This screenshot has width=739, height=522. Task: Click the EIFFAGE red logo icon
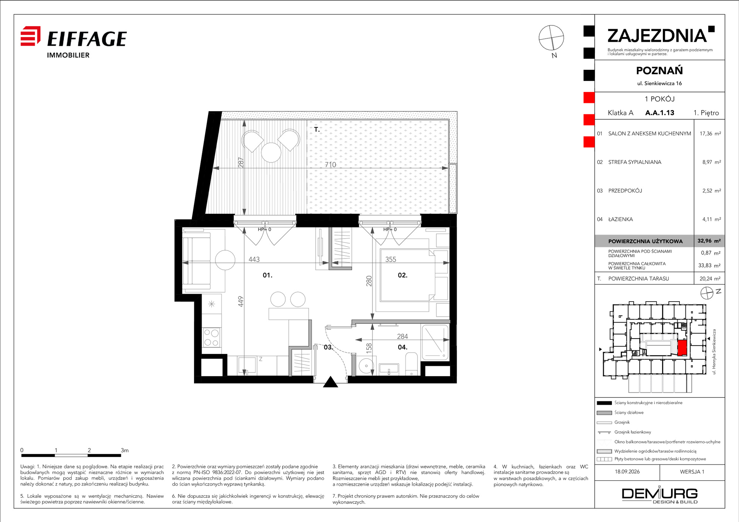click(x=30, y=36)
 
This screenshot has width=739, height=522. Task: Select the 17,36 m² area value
click(x=710, y=134)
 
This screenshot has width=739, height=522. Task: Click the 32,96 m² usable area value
click(x=709, y=241)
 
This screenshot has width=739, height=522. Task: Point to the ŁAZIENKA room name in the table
click(x=620, y=219)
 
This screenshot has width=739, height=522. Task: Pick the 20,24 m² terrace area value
click(x=710, y=279)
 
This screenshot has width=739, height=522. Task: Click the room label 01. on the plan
click(x=268, y=275)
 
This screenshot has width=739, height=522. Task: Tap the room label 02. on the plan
click(x=403, y=275)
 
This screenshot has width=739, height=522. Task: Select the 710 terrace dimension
click(x=330, y=165)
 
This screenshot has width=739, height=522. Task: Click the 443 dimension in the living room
click(x=254, y=260)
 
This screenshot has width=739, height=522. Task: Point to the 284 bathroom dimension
click(x=402, y=336)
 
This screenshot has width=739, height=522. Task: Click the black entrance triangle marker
click(x=331, y=382)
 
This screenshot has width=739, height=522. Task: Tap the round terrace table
click(x=271, y=152)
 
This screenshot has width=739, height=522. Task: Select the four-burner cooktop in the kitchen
click(x=211, y=338)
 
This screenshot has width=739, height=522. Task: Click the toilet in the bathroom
click(x=412, y=364)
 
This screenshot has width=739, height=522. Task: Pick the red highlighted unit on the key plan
click(x=682, y=348)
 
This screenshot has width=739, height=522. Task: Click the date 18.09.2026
click(x=627, y=472)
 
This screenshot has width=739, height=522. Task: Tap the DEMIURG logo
click(x=660, y=495)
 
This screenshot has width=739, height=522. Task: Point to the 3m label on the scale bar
click(x=125, y=450)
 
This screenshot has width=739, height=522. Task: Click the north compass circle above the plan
click(x=551, y=38)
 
